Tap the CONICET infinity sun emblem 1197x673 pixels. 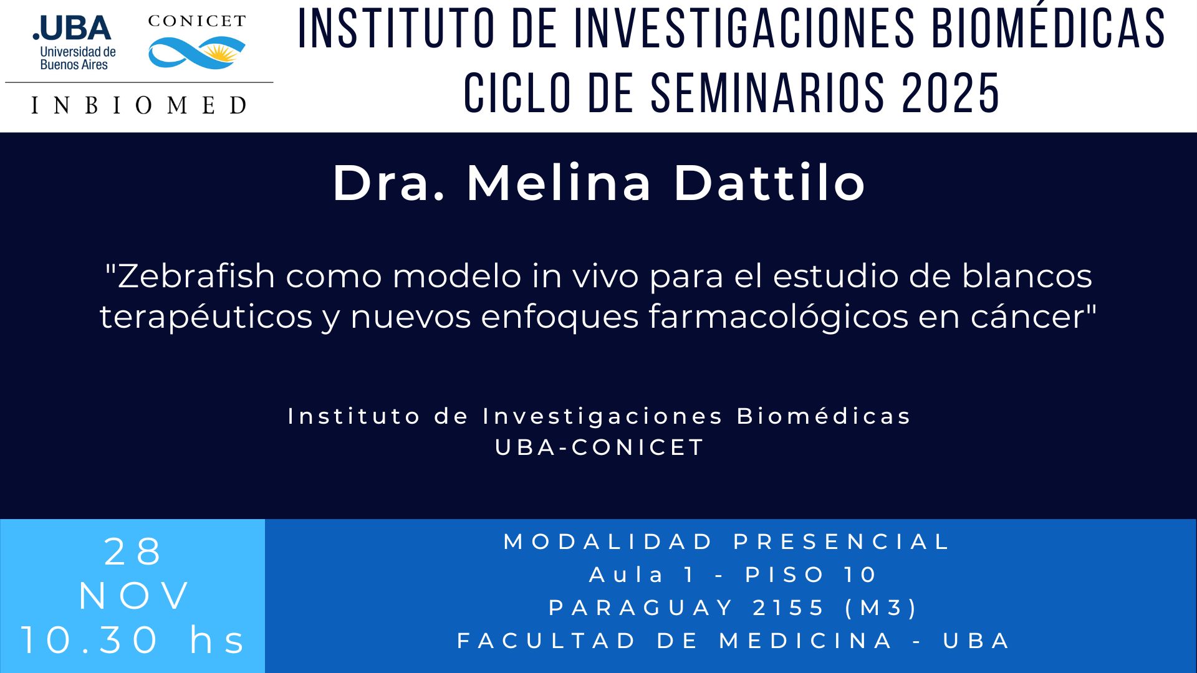pyautogui.click(x=197, y=53)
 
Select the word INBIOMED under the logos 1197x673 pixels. pyautogui.click(x=139, y=105)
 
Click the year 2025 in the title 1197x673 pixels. pyautogui.click(x=951, y=93)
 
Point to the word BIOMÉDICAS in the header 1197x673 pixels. pyautogui.click(x=1049, y=29)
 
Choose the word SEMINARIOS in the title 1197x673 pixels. pyautogui.click(x=767, y=93)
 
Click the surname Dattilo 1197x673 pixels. pyautogui.click(x=770, y=183)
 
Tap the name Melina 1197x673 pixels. pyautogui.click(x=559, y=183)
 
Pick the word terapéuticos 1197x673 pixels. pyautogui.click(x=206, y=317)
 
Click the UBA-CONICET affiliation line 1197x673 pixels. pyautogui.click(x=599, y=447)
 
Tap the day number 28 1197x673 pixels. pyautogui.click(x=133, y=552)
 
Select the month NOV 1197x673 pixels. pyautogui.click(x=134, y=596)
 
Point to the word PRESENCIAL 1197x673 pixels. pyautogui.click(x=842, y=542)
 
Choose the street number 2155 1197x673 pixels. pyautogui.click(x=789, y=608)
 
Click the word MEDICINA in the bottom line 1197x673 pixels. pyautogui.click(x=807, y=641)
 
